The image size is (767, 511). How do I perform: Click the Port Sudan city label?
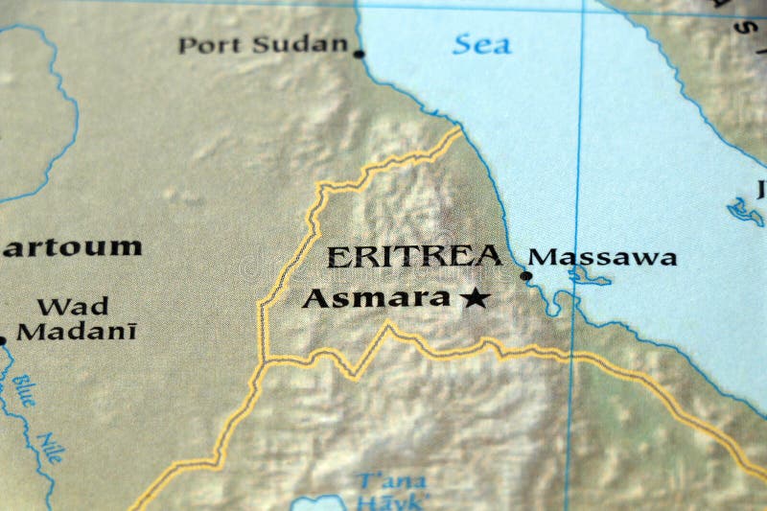click(x=263, y=44)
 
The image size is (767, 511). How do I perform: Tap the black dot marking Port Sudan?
click(x=360, y=54)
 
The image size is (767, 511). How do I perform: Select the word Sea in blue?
click(x=481, y=43)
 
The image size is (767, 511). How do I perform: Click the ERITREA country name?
click(x=413, y=256)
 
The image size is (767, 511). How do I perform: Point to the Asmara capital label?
click(x=376, y=298)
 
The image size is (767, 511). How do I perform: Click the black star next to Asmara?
click(x=475, y=298)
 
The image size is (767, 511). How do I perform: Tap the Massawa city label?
click(x=602, y=257)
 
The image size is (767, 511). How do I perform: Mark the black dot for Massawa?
click(x=525, y=276)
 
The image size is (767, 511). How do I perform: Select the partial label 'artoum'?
click(x=71, y=246)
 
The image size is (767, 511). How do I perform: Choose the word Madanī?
click(x=77, y=332)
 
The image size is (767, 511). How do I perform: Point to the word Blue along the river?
click(x=23, y=390)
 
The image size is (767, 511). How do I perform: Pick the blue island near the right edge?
click(x=744, y=210)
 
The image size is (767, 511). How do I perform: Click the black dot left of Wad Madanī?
click(x=2, y=338)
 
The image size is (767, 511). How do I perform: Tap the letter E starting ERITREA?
click(x=337, y=257)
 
